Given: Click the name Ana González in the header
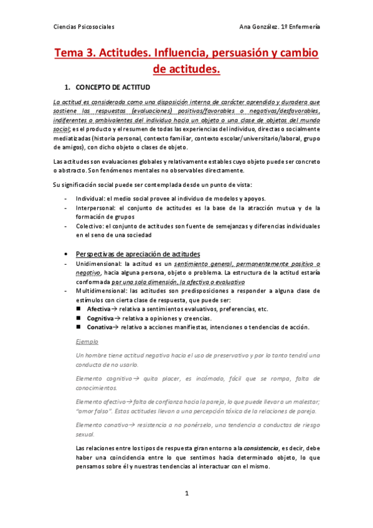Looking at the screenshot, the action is coord(260,27).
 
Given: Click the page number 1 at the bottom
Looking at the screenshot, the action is coord(186,493).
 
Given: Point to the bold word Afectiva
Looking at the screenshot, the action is coord(99,309).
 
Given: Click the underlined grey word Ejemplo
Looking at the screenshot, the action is coord(87,342).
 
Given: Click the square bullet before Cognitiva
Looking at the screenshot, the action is coord(79,318).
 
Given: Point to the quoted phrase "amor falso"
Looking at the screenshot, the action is coord(94,394).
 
